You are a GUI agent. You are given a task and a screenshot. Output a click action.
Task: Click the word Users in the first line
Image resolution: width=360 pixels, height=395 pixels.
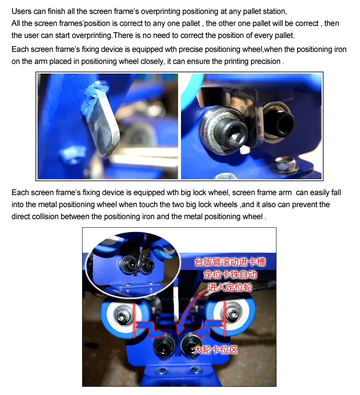(21, 11)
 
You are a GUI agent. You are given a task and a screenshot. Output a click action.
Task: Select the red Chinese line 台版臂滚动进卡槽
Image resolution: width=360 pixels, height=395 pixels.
(229, 262)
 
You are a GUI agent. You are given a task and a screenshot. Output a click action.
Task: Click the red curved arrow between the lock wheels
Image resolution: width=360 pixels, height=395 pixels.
(190, 312)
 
